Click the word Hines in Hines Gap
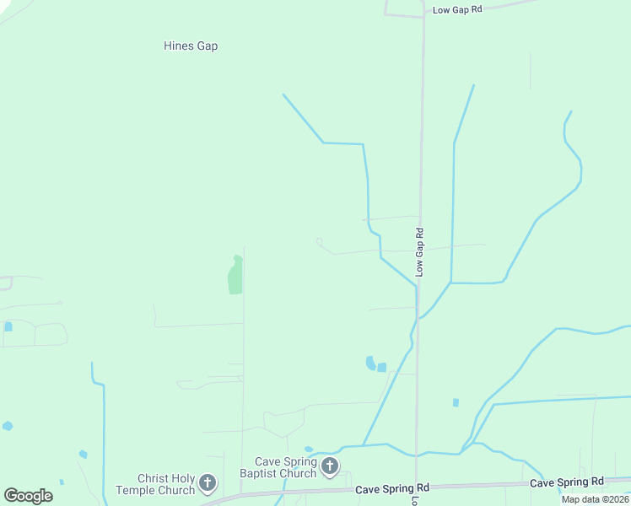pos(178,46)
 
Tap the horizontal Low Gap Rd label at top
pos(456,10)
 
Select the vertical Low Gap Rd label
pos(419,251)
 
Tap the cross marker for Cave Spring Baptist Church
pos(330,466)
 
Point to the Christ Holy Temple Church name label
pos(154,484)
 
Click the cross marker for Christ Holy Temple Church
pos(208,484)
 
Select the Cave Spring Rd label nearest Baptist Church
pos(392,488)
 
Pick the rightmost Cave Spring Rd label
pos(567,482)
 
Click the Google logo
pos(28,496)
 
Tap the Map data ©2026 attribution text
pos(595,499)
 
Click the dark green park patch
pos(235,276)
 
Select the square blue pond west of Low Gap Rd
pos(381,367)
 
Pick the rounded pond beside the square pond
pos(370,363)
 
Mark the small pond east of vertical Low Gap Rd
pos(456,403)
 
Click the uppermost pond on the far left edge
pos(8,326)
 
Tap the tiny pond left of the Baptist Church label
pos(308,449)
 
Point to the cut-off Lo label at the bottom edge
pos(415,500)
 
